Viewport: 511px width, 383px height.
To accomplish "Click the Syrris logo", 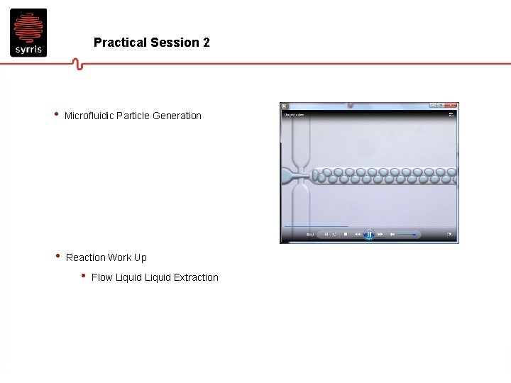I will pyautogui.click(x=28, y=33).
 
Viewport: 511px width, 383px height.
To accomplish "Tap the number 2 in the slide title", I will pyautogui.click(x=206, y=43).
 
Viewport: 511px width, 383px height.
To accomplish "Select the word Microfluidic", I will pyautogui.click(x=89, y=116).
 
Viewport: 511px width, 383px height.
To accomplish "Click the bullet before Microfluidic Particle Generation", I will pyautogui.click(x=55, y=115).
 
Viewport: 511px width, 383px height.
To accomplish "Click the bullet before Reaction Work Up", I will pyautogui.click(x=57, y=257).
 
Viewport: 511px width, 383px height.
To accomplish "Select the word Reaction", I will pyautogui.click(x=85, y=257).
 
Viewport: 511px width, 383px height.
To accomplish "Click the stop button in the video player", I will pyautogui.click(x=346, y=234).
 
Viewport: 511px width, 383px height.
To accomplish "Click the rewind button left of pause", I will pyautogui.click(x=357, y=234).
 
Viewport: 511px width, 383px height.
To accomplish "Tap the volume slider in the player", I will pyautogui.click(x=408, y=234).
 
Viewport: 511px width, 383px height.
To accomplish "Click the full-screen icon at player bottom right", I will pyautogui.click(x=449, y=234).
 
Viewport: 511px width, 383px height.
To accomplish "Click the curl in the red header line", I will pyautogui.click(x=78, y=65).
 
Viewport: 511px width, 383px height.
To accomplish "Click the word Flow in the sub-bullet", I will pyautogui.click(x=102, y=277).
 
